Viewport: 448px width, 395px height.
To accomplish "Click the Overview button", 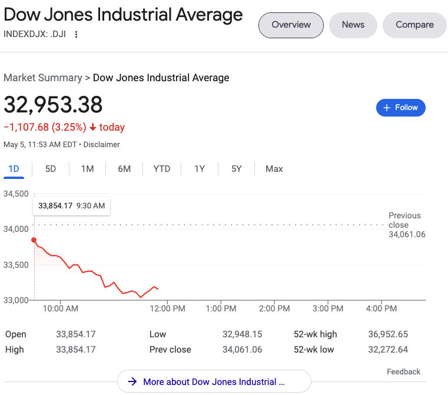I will [291, 25].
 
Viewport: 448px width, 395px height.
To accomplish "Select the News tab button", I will [353, 25].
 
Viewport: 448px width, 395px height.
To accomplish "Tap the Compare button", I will [414, 25].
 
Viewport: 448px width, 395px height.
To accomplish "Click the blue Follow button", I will [400, 108].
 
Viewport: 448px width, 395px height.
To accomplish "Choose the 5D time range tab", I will [51, 169].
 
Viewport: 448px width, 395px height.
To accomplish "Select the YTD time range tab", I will [162, 169].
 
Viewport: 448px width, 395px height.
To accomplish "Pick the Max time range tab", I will [274, 169].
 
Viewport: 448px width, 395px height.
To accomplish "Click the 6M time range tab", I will [124, 169].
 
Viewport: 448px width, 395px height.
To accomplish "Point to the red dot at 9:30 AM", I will [34, 240].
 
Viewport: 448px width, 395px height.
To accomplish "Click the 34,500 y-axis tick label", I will [16, 194].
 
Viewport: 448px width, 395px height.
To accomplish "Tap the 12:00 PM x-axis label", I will [168, 308].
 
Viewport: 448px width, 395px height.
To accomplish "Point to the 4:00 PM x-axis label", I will [381, 308].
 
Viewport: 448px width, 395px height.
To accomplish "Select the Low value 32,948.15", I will [242, 334].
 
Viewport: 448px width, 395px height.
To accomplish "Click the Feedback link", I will [403, 371].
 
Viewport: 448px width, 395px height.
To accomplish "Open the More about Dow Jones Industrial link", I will [214, 381].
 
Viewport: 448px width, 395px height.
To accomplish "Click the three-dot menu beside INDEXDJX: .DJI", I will [75, 34].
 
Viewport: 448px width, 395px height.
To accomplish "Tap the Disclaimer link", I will [101, 144].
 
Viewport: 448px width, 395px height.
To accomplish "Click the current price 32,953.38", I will [53, 105].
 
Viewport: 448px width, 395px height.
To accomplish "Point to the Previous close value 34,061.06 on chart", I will [407, 234].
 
